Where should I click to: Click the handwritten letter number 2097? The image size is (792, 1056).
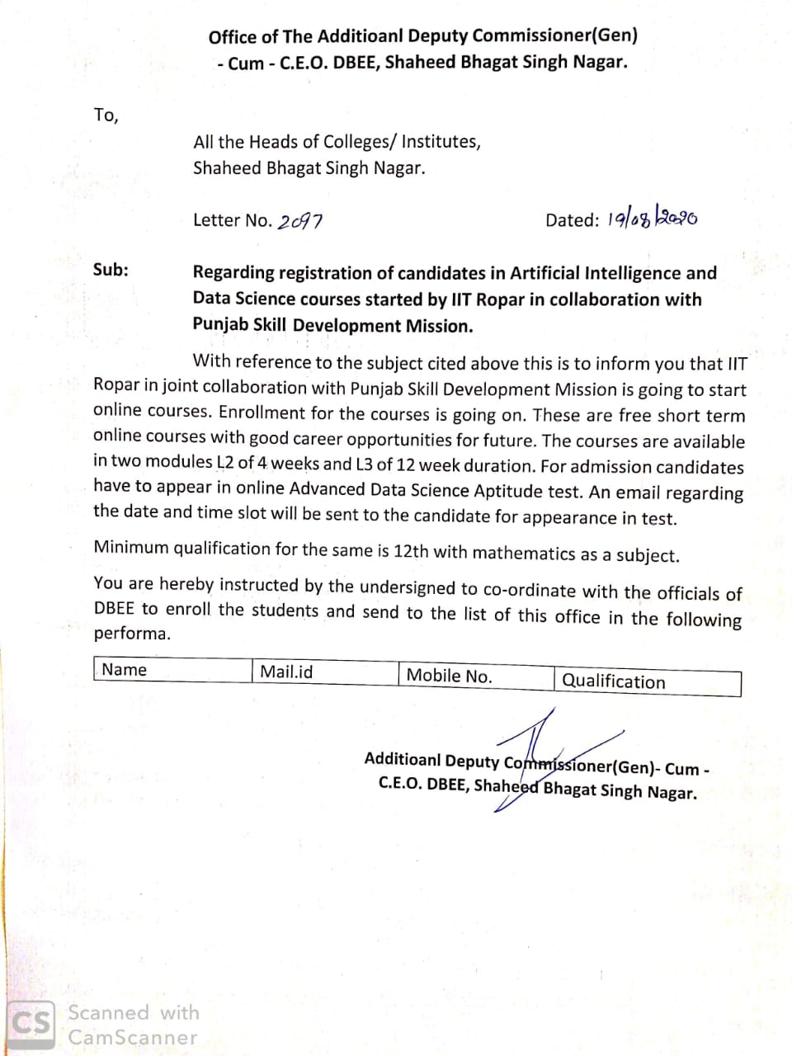click(x=300, y=221)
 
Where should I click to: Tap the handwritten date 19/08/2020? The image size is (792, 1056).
click(x=653, y=219)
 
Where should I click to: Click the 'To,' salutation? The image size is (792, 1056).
click(x=106, y=115)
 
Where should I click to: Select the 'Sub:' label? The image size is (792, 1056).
click(x=111, y=269)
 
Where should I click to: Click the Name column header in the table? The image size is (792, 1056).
click(x=124, y=670)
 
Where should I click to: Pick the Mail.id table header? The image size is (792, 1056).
click(x=286, y=672)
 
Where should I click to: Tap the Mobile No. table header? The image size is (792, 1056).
click(x=449, y=676)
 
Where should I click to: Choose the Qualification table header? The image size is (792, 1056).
click(x=613, y=681)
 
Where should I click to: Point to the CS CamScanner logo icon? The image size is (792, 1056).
click(x=32, y=1025)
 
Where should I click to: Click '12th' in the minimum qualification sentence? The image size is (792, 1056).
click(x=411, y=550)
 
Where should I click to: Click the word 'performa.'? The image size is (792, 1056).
click(x=132, y=634)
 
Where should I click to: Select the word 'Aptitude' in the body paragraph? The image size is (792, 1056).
click(x=509, y=491)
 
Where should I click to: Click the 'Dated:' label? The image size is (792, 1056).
click(x=572, y=220)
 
